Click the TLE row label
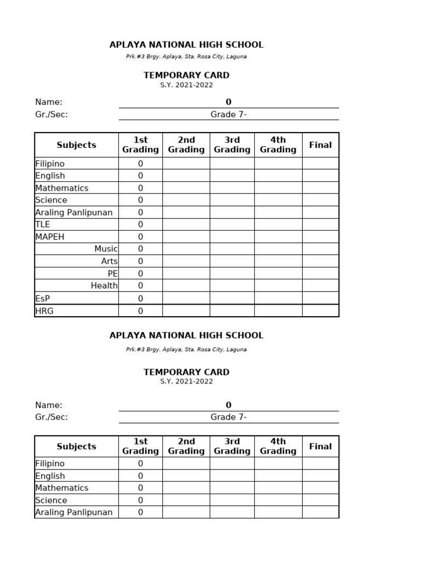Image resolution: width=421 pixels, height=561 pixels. tap(43, 225)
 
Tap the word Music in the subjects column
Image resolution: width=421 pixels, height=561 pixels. tap(106, 249)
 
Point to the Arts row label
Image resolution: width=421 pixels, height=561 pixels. tap(109, 261)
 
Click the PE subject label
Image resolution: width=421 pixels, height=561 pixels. tap(112, 273)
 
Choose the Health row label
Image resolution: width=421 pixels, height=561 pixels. tap(104, 285)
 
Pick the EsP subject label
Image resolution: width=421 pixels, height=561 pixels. tap(42, 299)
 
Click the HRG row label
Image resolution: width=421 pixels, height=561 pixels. tap(44, 311)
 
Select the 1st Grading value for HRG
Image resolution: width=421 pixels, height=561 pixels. tap(140, 311)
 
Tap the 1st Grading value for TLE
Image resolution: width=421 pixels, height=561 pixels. tap(140, 225)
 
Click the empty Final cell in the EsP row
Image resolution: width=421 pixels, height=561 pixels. tap(320, 298)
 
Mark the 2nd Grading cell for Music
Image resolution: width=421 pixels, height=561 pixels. tap(186, 249)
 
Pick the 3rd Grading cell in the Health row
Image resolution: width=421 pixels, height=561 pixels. tap(232, 285)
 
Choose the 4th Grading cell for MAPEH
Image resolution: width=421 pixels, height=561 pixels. tap(278, 237)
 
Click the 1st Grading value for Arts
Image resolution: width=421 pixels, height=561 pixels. tap(140, 261)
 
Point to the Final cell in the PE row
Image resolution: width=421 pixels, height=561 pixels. tap(320, 273)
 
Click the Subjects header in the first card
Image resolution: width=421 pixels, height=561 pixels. tap(76, 145)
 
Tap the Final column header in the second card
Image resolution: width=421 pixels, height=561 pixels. tap(320, 446)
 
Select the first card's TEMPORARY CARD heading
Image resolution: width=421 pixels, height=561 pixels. tap(186, 75)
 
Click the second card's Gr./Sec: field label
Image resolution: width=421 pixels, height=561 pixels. tap(52, 417)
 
